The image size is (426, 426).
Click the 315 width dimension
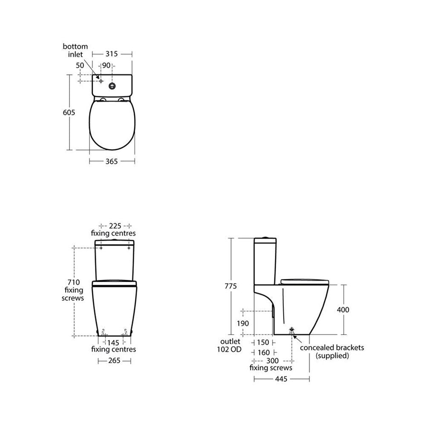(x=112, y=54)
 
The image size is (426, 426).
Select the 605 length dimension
(x=69, y=112)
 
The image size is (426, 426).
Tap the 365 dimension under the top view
(x=112, y=161)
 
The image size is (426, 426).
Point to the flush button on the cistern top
(x=112, y=86)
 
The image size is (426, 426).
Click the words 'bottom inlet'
(x=75, y=50)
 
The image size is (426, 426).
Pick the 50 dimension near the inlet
(x=80, y=66)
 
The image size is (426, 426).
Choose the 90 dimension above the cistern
(x=106, y=66)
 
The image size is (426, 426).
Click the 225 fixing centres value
(x=115, y=226)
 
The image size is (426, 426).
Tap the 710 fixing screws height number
(x=74, y=282)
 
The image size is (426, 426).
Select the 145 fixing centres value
(x=113, y=343)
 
